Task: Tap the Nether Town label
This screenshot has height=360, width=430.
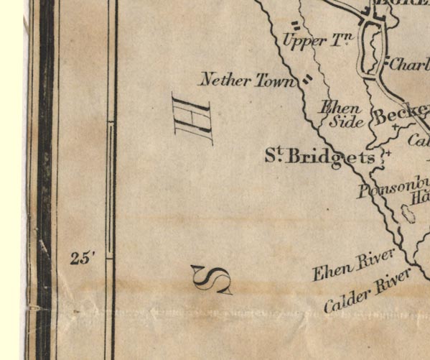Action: pos(248,80)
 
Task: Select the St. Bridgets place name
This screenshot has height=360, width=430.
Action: pos(319,157)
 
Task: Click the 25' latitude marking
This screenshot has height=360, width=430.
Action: pos(83,259)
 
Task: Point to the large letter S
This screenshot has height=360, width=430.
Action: pos(212,280)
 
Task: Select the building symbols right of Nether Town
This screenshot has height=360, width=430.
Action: pos(307,80)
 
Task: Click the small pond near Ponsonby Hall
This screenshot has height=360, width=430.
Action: pos(410,214)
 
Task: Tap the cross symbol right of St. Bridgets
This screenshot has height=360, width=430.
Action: pos(388,153)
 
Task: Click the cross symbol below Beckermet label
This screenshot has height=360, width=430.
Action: pos(396,127)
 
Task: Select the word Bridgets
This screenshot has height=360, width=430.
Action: pos(331,157)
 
